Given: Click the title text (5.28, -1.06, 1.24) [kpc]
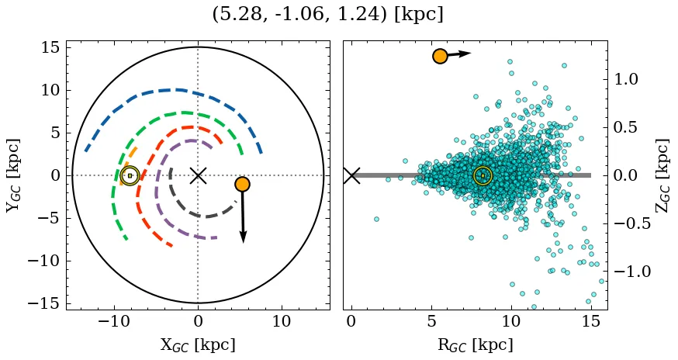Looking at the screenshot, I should coord(327,15).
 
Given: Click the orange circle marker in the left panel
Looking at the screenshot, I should coord(242,184).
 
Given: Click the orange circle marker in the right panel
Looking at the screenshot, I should coord(440,56).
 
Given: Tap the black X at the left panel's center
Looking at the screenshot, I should coord(198,175).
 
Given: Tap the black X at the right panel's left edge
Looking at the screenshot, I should coord(351,175).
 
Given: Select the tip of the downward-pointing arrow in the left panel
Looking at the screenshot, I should coord(244,242).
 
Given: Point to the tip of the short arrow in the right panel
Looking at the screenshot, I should coord(471,53).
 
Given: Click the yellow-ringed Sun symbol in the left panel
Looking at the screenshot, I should coord(130,175).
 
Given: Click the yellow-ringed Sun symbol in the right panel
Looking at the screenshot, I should coord(483,175).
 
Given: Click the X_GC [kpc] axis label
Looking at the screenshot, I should coord(198,345).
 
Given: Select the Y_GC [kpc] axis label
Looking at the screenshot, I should coord(13,175).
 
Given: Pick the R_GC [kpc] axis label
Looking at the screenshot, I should coord(475,345).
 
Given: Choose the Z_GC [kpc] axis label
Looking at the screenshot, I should coord(662,175).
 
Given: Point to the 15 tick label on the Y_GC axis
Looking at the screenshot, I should coord(50,47).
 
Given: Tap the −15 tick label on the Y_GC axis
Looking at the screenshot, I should coord(44,303).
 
